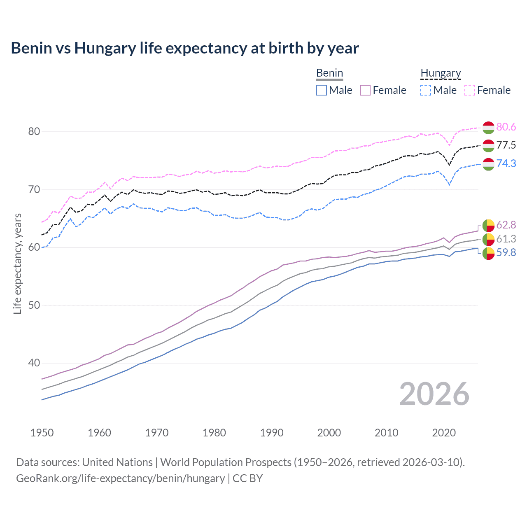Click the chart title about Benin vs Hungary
185,48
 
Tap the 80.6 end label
506,127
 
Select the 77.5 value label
506,145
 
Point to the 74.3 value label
506,163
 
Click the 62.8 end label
506,225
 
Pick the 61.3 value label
506,239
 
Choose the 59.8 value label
506,252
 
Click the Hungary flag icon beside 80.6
488,128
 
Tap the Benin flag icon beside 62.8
488,225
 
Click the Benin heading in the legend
329,73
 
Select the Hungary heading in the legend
441,73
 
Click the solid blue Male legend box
322,90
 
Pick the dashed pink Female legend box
470,90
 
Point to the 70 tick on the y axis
34,189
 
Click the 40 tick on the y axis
34,363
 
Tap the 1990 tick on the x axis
272,433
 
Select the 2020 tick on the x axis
444,433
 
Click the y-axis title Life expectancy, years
17,263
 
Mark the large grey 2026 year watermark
434,394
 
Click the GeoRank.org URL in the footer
120,478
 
